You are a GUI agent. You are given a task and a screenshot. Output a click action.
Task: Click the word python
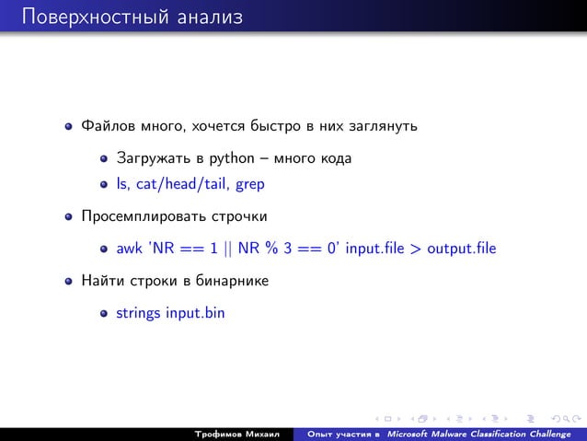[x=234, y=158]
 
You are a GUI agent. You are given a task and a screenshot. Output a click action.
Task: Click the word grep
[x=251, y=184]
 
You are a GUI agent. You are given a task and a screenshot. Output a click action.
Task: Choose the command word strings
[x=138, y=312]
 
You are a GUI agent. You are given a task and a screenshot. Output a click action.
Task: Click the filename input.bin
[x=195, y=312]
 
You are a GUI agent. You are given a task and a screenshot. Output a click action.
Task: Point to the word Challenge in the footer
[x=547, y=432]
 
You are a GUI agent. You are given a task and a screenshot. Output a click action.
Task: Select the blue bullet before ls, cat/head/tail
[x=105, y=185]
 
